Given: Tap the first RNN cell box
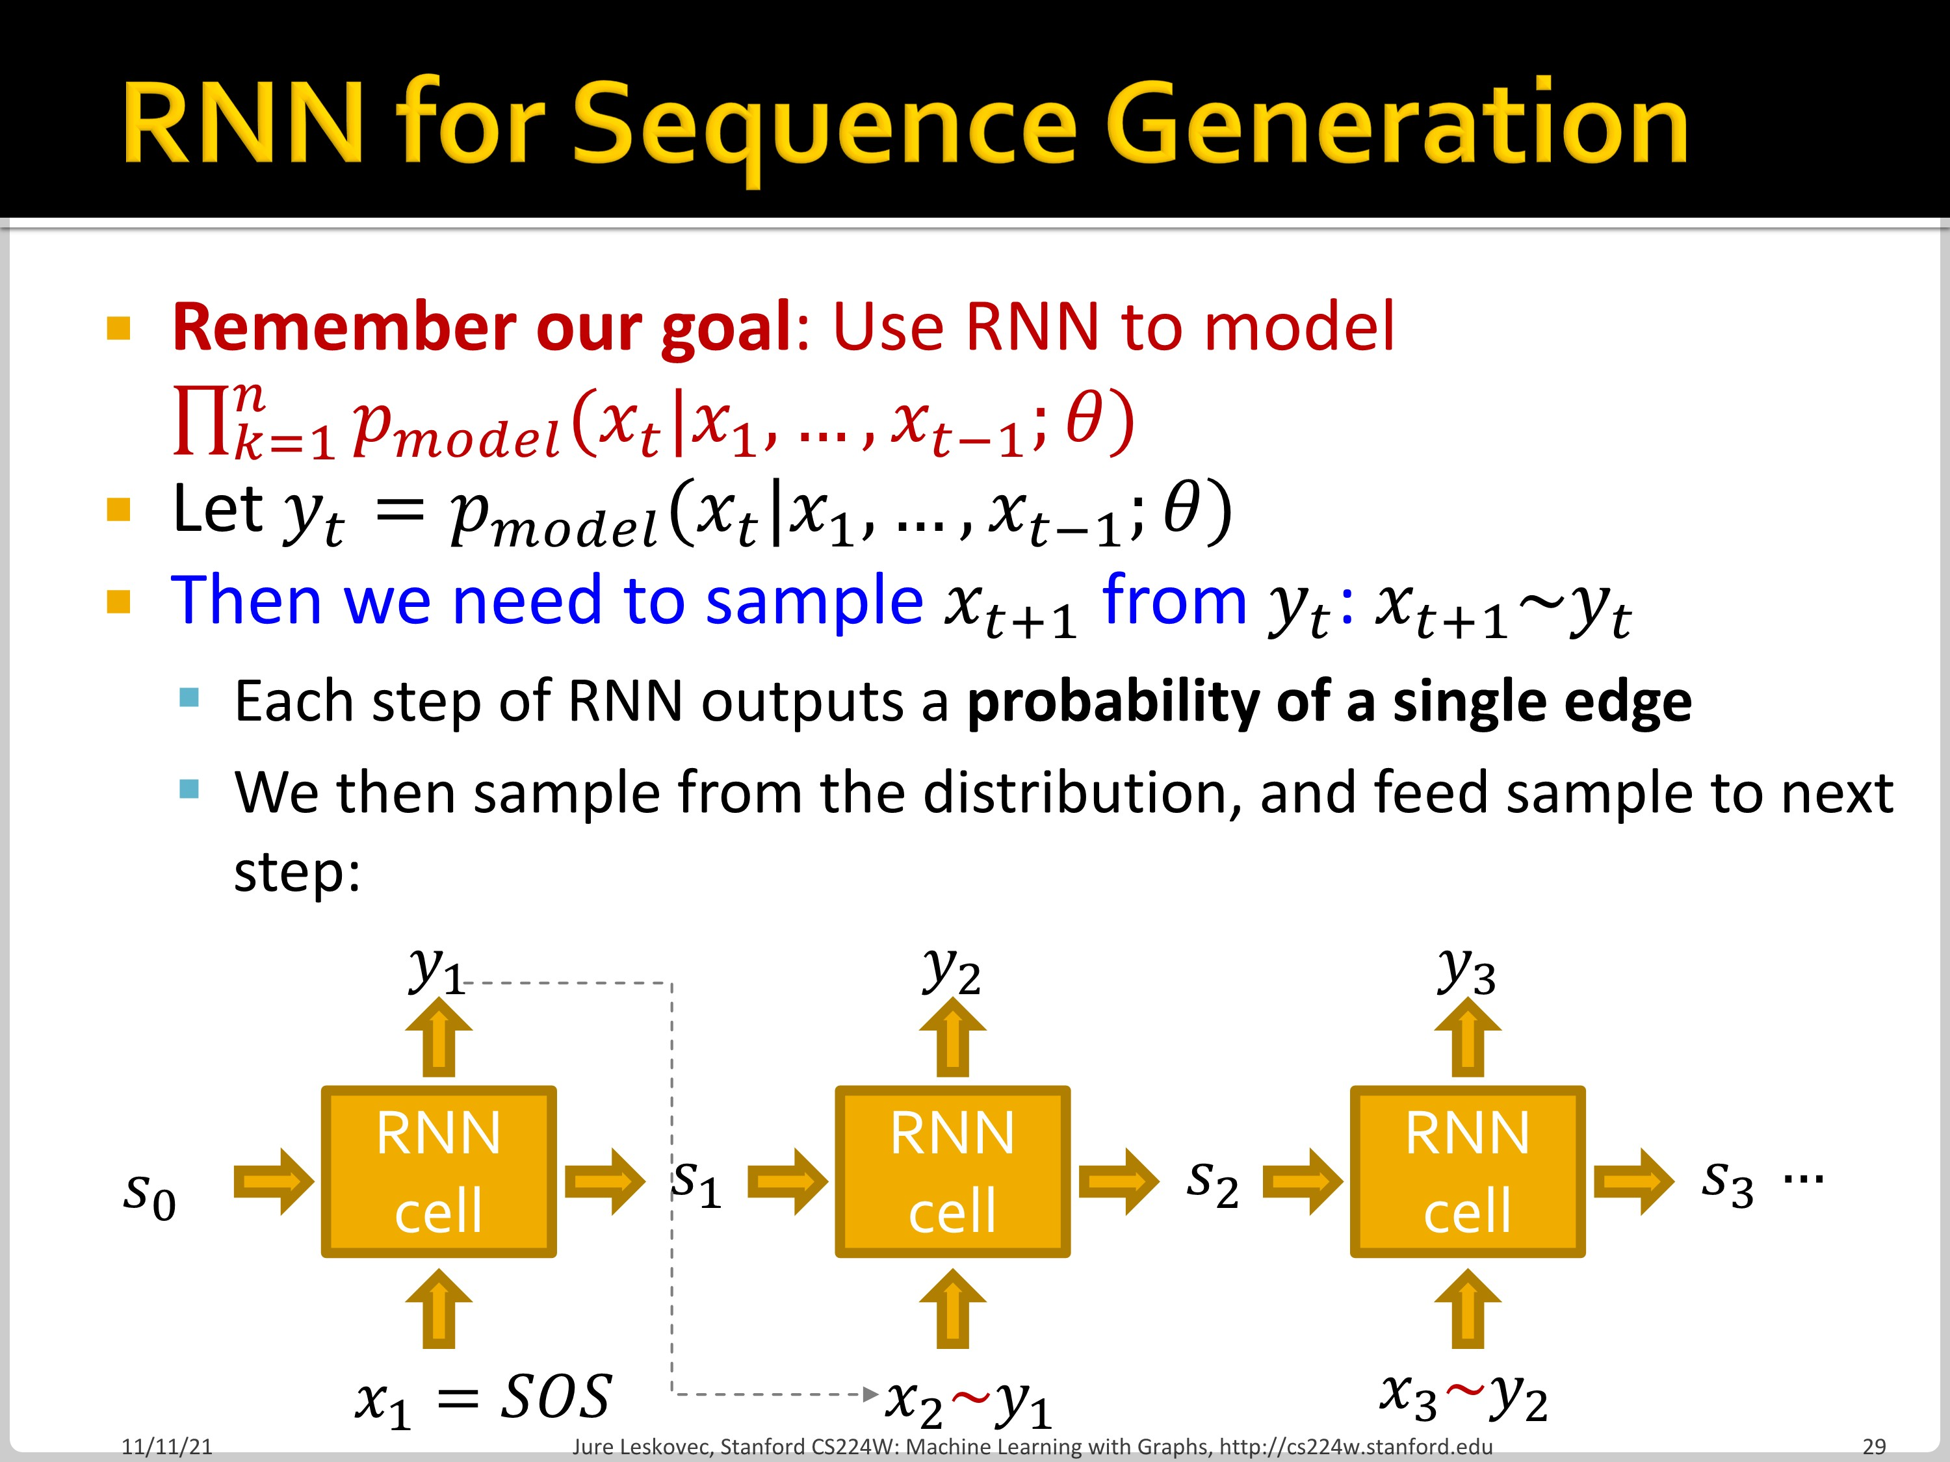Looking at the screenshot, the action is (x=438, y=1171).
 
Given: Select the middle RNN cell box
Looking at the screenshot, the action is (x=952, y=1171).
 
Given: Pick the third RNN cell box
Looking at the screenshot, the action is (x=1467, y=1171).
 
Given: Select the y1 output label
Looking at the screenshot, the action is (x=436, y=972).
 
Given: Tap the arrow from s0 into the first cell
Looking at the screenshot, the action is (x=273, y=1181).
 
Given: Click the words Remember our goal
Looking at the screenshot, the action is (x=482, y=327).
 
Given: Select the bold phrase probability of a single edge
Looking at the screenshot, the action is (x=1329, y=702).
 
